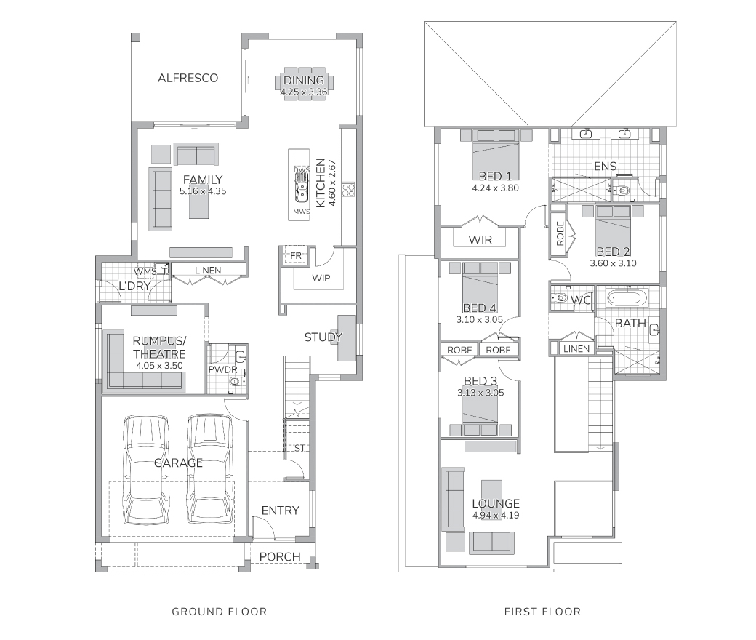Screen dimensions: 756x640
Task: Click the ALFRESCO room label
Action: click(x=188, y=78)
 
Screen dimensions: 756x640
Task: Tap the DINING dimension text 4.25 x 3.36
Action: click(x=304, y=92)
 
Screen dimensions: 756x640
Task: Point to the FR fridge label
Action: click(x=296, y=255)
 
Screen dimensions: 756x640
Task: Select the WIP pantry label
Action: click(x=321, y=278)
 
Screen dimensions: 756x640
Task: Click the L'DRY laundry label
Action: click(x=134, y=286)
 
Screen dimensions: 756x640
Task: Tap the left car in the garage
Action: click(x=147, y=469)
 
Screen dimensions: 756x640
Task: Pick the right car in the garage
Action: click(x=209, y=469)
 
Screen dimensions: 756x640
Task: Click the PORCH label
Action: click(x=280, y=557)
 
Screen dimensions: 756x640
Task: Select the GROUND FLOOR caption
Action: click(x=220, y=612)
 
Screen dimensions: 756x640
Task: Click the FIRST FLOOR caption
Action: click(x=542, y=612)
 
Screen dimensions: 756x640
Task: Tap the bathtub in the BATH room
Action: click(x=627, y=298)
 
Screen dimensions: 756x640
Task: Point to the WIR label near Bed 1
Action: click(x=480, y=240)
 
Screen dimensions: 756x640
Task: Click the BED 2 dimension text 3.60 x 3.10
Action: click(x=614, y=263)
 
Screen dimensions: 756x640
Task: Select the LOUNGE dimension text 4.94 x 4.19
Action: click(x=496, y=515)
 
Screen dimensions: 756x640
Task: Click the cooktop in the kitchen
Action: click(x=348, y=190)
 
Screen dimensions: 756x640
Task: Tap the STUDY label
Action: click(x=323, y=337)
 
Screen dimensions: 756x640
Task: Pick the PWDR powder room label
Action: click(x=222, y=370)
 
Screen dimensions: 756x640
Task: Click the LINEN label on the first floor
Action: click(x=576, y=348)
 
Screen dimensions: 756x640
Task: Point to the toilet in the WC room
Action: click(x=560, y=298)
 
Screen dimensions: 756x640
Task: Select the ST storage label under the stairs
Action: click(x=300, y=448)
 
